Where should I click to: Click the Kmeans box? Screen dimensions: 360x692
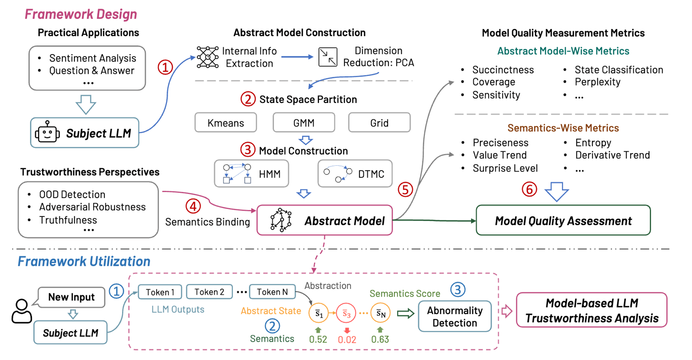coord(226,123)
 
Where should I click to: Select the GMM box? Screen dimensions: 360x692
coord(304,123)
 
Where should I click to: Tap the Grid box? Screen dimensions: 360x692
coord(379,123)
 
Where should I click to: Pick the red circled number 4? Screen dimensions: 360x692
coord(193,206)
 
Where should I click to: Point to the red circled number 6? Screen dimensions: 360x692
coord(530,190)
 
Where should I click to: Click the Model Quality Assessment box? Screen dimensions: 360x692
coord(563,221)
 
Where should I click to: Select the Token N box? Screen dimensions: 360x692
coord(272,292)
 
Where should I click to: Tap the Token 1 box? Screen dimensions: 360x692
coord(160,292)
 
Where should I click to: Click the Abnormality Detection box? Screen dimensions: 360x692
coord(455,317)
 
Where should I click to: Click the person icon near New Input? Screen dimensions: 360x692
coord(21,312)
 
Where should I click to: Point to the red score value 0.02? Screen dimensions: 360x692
coord(347,340)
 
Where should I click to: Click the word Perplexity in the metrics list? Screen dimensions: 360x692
coord(597,82)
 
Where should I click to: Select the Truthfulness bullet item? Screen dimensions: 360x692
coord(68,220)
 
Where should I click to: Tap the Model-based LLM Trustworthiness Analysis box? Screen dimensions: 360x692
coord(592,311)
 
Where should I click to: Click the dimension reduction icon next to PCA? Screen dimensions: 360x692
coord(328,57)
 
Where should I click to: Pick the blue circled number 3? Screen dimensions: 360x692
coord(458,289)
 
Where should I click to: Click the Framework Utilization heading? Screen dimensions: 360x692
coord(84,261)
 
